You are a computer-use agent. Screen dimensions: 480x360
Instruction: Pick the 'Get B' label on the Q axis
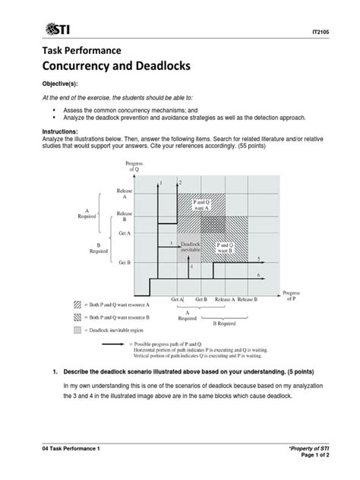[125, 261]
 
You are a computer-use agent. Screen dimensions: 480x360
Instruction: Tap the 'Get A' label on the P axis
[178, 300]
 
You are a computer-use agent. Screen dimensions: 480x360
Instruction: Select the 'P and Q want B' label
[226, 248]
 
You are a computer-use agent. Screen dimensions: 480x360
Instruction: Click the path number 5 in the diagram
[259, 258]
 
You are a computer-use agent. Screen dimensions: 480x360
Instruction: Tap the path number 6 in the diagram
[259, 274]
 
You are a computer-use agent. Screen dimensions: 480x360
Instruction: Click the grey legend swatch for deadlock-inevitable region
[77, 332]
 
